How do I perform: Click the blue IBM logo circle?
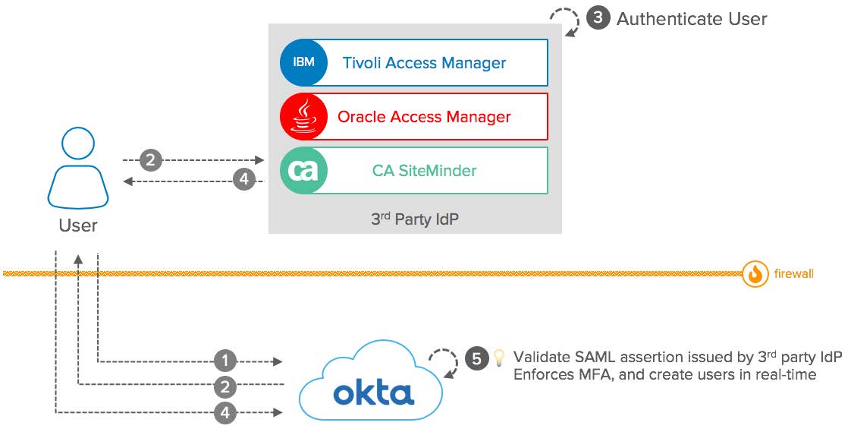303,62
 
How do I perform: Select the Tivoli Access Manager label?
424,63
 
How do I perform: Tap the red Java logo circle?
303,117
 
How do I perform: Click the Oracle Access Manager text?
424,117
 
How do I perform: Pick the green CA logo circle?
303,170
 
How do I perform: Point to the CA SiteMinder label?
424,170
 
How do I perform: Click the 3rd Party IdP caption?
415,219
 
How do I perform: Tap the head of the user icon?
78,143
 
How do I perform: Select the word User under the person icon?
78,225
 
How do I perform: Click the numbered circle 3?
598,18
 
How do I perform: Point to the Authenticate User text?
692,19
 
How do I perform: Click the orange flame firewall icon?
755,273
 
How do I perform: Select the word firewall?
793,273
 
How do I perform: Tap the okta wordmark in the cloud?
374,393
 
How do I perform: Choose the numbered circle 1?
225,360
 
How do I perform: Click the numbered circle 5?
476,358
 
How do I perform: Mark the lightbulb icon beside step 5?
499,356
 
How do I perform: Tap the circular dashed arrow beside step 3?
565,21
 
